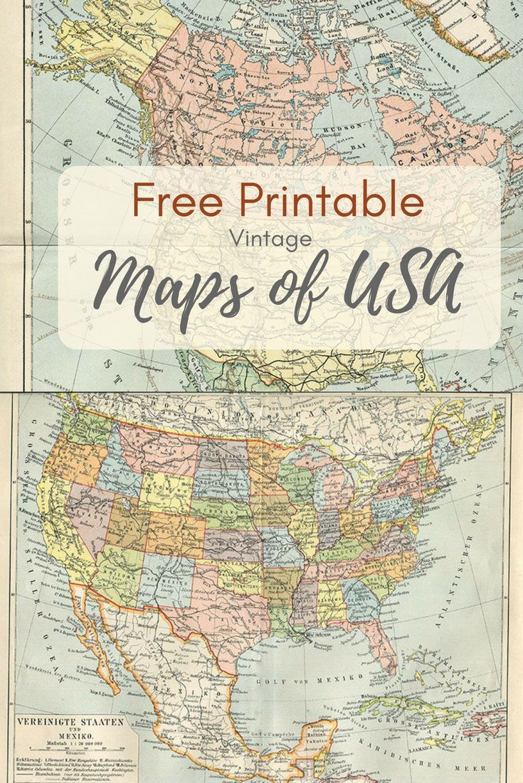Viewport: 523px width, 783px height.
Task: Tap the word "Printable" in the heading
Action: pos(329,202)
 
